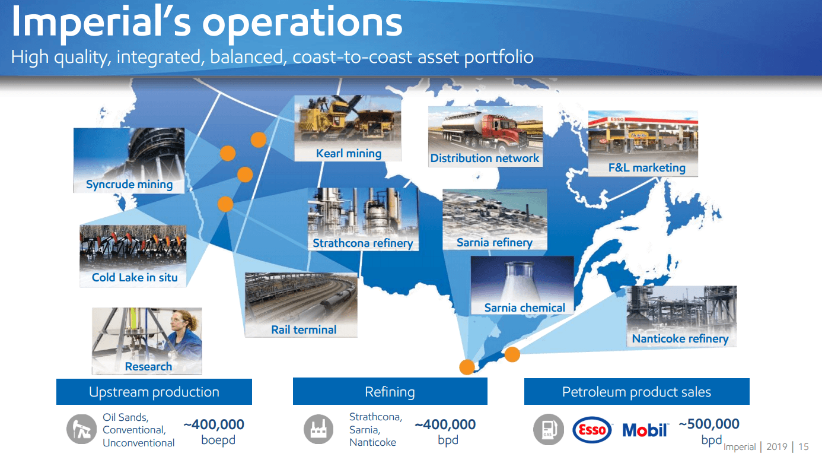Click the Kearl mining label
point(348,153)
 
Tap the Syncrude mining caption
point(129,184)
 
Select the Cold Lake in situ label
point(135,277)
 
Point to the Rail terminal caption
point(304,329)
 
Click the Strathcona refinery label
point(362,243)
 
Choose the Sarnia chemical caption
point(524,307)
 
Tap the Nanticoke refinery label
point(680,338)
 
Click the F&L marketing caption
point(646,167)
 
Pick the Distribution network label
point(485,158)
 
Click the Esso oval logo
point(592,430)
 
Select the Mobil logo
point(645,430)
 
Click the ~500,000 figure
point(709,424)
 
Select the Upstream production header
point(154,392)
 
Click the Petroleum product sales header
point(636,392)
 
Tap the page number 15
point(804,447)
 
